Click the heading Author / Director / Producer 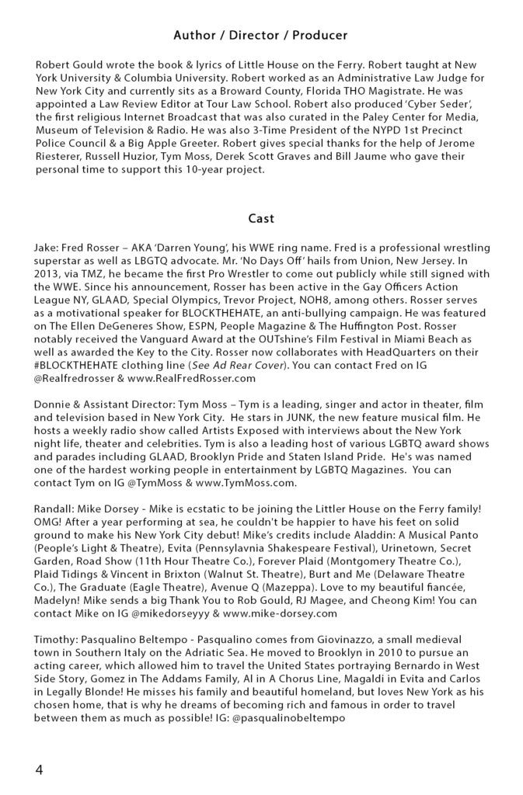(260, 36)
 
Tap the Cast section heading (260, 219)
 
